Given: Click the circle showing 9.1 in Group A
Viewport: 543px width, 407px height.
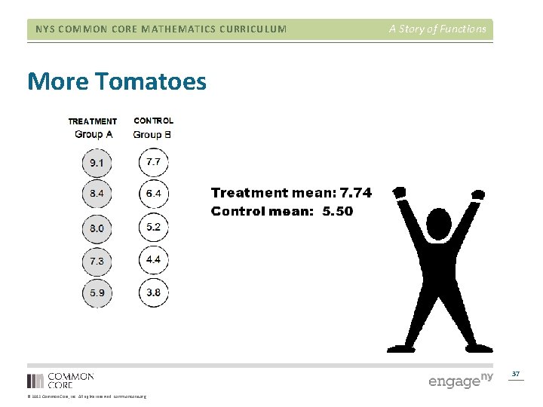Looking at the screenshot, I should click(97, 162).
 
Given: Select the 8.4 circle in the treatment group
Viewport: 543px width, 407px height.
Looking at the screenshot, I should click(97, 194).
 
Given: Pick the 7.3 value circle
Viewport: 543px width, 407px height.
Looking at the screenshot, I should click(97, 261).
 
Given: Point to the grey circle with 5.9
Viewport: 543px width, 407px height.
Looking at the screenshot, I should click(97, 292).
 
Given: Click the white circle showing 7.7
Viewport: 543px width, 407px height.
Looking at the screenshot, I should click(154, 162).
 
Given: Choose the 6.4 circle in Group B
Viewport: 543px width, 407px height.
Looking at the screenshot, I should click(154, 194).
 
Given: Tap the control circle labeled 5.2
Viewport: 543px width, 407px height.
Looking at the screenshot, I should click(154, 227).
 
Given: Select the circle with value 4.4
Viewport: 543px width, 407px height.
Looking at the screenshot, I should click(154, 259).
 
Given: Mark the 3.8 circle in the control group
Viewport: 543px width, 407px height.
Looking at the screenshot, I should click(154, 292).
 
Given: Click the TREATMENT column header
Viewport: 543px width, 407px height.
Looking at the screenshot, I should click(93, 121).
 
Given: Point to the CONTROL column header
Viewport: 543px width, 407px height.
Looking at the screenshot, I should click(153, 121).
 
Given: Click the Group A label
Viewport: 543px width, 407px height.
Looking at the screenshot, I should click(94, 134).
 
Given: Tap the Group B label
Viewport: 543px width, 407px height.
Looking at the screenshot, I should click(152, 134).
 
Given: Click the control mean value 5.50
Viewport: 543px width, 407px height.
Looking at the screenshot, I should click(337, 211).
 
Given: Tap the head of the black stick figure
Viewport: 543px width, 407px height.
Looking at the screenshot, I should click(438, 224).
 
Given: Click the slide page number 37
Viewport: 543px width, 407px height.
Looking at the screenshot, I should click(516, 374).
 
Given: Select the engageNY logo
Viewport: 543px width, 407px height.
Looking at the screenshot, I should click(460, 380).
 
